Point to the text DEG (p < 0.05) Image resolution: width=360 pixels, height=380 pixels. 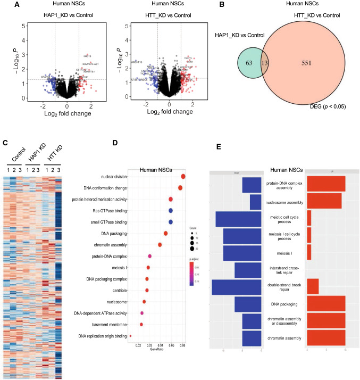320,122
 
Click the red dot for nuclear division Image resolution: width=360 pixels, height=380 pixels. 183,176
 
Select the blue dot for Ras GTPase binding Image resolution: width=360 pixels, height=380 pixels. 171,210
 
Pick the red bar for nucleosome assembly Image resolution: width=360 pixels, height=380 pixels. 324,202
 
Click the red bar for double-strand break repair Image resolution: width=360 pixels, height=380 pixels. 313,286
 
